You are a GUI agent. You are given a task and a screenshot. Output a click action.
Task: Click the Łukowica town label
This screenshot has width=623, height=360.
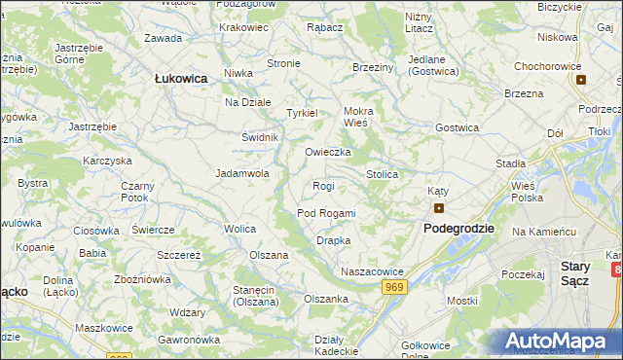pyautogui.click(x=181, y=80)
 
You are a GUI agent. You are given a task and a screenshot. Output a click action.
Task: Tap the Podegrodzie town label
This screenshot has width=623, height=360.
pyautogui.click(x=458, y=228)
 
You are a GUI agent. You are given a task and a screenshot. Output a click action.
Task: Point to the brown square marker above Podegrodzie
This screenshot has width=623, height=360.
pyautogui.click(x=439, y=207)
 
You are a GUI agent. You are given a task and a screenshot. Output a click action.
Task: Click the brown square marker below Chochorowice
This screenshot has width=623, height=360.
pyautogui.click(x=581, y=80)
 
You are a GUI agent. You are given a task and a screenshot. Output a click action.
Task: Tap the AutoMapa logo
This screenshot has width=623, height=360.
pyautogui.click(x=560, y=342)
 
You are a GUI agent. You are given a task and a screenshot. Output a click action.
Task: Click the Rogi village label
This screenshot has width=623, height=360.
pyautogui.click(x=323, y=186)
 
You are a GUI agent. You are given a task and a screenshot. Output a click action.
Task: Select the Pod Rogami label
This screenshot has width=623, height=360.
pyautogui.click(x=326, y=213)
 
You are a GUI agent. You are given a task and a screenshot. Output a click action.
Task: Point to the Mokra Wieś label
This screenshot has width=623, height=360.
pyautogui.click(x=358, y=117)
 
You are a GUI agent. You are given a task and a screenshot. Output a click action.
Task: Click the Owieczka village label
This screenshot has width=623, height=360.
pyautogui.click(x=327, y=152)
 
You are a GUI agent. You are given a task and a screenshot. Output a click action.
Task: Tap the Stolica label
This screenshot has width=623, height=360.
pyautogui.click(x=382, y=174)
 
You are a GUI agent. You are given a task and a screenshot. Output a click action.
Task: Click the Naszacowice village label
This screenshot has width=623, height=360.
pyautogui.click(x=371, y=271)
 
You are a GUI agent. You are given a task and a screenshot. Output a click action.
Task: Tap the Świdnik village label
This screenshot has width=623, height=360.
pyautogui.click(x=260, y=137)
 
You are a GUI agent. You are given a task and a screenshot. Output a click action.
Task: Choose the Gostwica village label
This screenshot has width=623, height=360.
pyautogui.click(x=457, y=127)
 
